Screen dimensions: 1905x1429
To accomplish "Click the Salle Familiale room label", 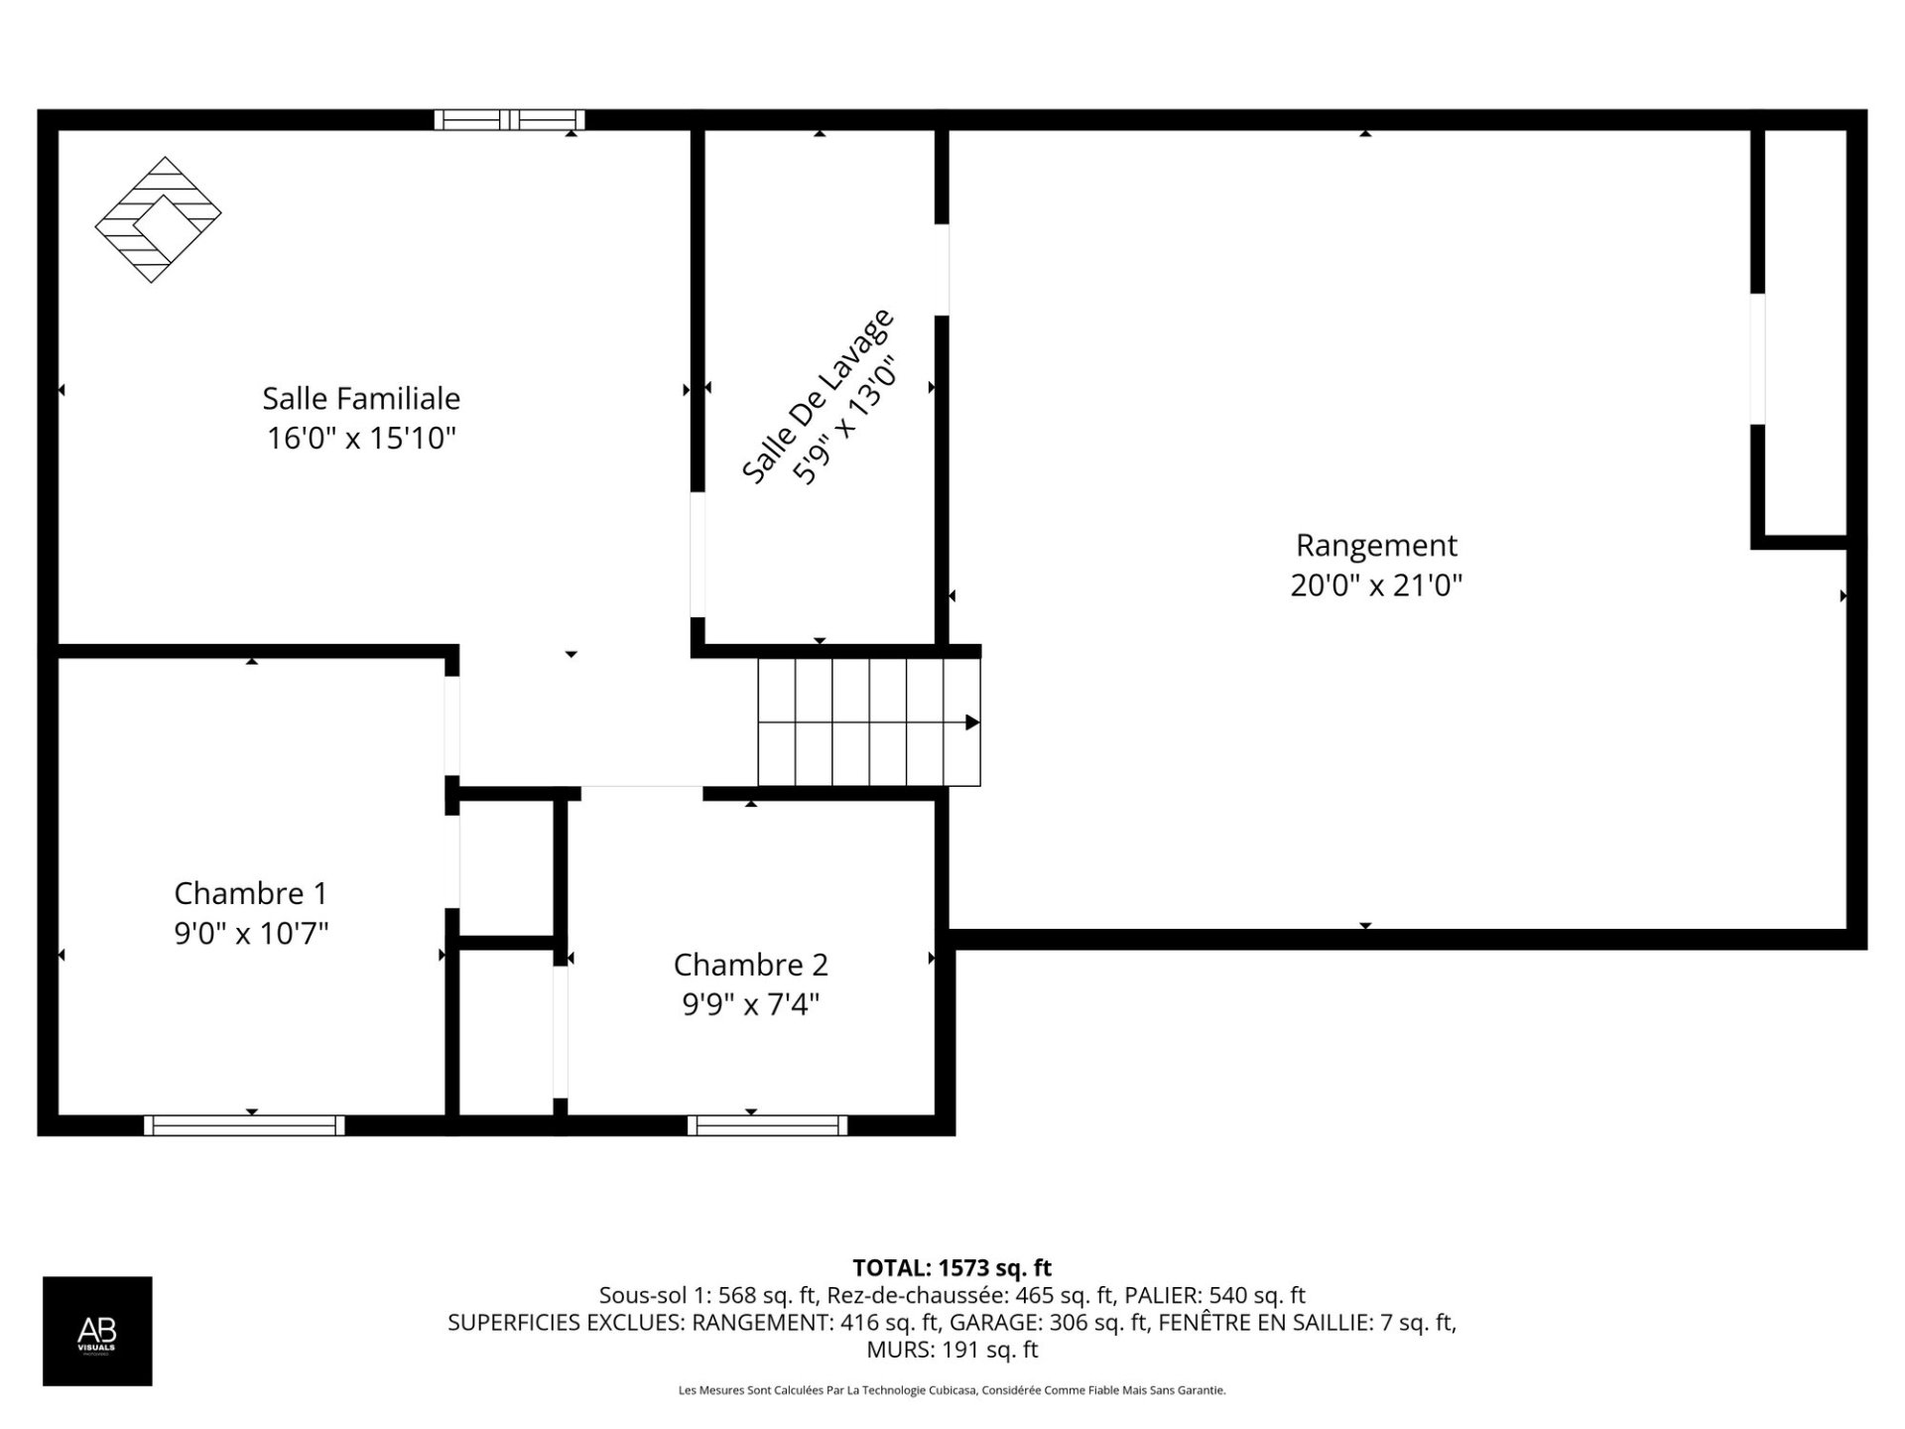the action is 361,398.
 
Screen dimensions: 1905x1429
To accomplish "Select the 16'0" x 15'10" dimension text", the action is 361,438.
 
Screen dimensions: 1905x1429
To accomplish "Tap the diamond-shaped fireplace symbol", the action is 158,219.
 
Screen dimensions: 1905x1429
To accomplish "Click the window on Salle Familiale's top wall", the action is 510,120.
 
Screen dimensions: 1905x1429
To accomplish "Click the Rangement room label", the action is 1376,545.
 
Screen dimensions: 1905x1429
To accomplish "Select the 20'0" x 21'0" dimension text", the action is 1376,585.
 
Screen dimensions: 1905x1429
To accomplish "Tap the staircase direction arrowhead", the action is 972,722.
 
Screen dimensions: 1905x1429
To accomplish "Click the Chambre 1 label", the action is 250,893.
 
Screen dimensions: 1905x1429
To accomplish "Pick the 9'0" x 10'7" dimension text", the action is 251,933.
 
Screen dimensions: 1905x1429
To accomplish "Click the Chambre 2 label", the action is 750,965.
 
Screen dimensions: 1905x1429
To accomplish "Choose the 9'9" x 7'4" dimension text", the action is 750,1004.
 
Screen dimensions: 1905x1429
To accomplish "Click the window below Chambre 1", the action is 244,1125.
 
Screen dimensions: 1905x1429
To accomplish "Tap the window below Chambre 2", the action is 768,1125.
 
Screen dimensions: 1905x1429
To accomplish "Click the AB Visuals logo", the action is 97,1331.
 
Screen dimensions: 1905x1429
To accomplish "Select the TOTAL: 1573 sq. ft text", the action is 952,1267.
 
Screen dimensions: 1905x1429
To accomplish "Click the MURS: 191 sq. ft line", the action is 952,1350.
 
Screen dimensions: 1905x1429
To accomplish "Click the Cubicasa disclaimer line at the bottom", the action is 952,1390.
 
